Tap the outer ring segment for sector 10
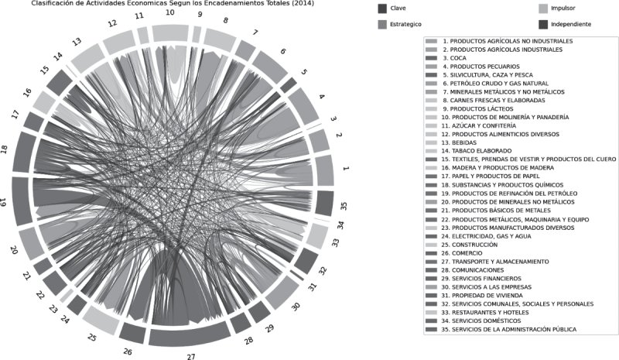click(x=171, y=32)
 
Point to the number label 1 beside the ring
click(x=346, y=168)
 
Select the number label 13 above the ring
click(x=75, y=42)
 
